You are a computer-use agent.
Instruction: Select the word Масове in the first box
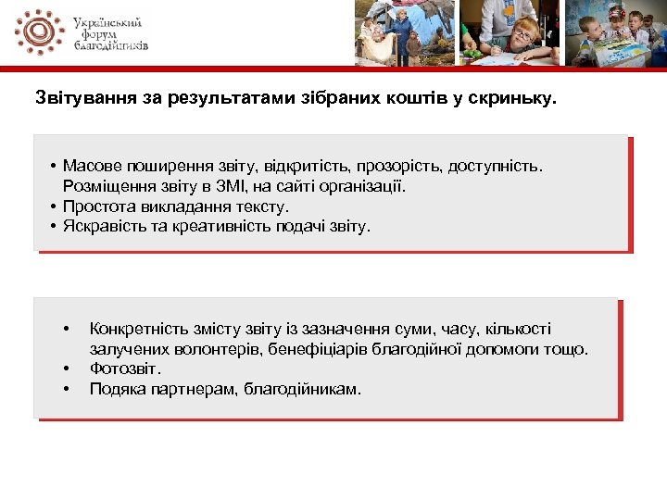(x=93, y=167)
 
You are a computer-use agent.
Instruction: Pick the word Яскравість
(x=105, y=225)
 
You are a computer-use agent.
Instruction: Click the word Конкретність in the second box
(x=135, y=330)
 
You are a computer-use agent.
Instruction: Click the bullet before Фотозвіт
(x=67, y=369)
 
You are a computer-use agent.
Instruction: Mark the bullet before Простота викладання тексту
(x=56, y=206)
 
